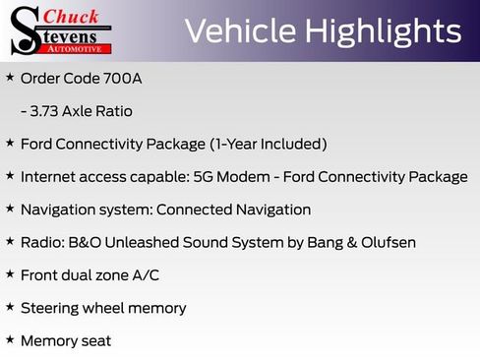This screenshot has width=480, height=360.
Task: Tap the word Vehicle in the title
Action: point(242,31)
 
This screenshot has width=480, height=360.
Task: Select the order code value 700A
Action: point(121,77)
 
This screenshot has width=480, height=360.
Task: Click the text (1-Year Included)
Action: point(268,144)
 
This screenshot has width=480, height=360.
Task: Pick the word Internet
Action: point(50,177)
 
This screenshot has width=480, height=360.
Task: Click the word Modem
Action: point(269,177)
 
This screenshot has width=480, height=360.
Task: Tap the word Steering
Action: point(52,308)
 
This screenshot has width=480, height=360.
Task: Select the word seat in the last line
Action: point(96,341)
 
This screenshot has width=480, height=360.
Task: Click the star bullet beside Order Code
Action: point(10,76)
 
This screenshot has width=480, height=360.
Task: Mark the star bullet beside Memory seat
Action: point(10,339)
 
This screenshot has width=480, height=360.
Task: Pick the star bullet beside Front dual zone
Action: point(10,273)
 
